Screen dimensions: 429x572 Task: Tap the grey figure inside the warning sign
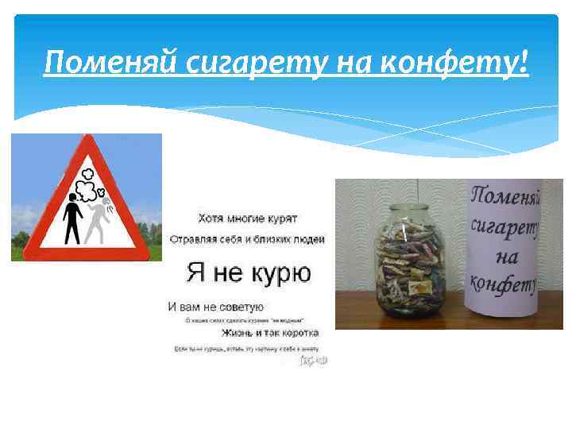coord(98,218)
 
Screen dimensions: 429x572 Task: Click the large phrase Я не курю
coord(249,274)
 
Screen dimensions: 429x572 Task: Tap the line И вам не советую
coord(216,306)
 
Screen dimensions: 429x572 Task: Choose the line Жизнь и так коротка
coord(270,333)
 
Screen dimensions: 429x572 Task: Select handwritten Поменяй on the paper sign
coord(506,196)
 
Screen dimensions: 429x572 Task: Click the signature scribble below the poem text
coord(314,361)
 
